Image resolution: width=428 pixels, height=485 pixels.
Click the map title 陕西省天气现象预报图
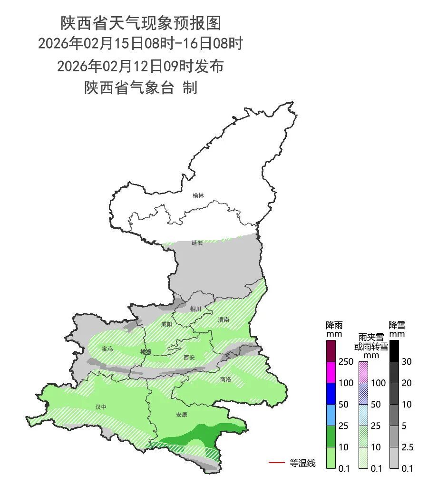coord(141,22)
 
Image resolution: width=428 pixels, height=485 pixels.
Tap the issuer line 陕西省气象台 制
coord(141,87)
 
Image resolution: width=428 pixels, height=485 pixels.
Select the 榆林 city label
coord(198,195)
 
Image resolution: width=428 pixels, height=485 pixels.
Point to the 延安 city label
coord(197,242)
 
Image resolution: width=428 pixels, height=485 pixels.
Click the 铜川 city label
coord(195,309)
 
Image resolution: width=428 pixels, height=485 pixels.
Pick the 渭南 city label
coord(223,320)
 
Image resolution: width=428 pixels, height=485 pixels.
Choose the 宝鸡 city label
coord(107,349)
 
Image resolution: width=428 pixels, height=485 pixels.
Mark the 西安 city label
coord(189,357)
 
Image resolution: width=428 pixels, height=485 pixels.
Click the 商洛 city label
coord(225,379)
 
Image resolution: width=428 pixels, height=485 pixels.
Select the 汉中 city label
coord(101,407)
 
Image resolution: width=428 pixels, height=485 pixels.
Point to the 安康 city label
coord(181,415)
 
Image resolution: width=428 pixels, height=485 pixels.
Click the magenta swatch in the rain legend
coord(331,372)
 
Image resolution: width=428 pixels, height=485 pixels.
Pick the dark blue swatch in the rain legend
coord(331,393)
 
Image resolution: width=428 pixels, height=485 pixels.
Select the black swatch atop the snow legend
coord(393,351)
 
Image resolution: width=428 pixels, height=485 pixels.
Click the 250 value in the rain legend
coord(346,362)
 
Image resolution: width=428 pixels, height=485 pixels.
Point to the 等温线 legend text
coord(302,463)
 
